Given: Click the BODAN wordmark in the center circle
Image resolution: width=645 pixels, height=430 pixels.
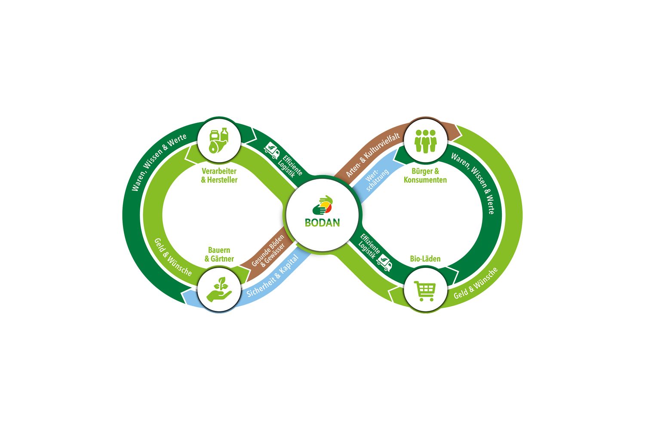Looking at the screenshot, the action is (322, 223).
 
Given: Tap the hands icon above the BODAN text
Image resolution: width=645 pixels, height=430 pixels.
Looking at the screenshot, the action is (322, 205).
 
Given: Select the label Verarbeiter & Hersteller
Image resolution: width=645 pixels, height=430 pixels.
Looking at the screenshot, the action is (219, 175).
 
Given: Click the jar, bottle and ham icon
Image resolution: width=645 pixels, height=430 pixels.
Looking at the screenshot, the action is (219, 140).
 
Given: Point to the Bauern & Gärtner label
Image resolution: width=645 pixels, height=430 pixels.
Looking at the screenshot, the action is (219, 254).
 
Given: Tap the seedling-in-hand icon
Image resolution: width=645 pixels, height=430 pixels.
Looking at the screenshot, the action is (219, 289).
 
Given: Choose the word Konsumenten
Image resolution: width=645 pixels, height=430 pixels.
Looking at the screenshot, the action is (425, 180).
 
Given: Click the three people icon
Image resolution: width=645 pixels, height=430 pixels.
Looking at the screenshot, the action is (426, 141).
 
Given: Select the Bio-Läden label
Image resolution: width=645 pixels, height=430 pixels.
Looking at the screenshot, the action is (425, 258).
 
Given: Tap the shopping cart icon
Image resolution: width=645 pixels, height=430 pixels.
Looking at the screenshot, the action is (425, 291).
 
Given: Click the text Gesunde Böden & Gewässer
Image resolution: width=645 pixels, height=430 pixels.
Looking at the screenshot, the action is (268, 251).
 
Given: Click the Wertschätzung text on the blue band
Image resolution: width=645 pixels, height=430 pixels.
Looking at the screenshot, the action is (377, 179).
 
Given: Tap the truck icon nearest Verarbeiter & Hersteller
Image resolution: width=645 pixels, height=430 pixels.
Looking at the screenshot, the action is (271, 150).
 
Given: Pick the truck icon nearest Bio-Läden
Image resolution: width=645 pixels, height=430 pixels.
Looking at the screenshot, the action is (384, 262).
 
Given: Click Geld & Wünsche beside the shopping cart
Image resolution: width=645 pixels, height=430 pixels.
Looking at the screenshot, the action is (476, 283).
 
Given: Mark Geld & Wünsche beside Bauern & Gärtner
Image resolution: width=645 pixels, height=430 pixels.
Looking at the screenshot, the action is (173, 257).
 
